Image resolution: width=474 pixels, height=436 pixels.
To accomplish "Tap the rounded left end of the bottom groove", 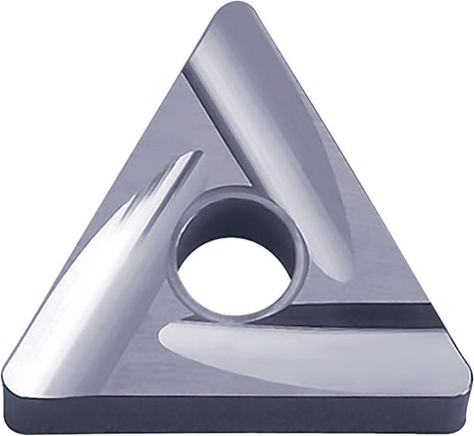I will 168,346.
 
